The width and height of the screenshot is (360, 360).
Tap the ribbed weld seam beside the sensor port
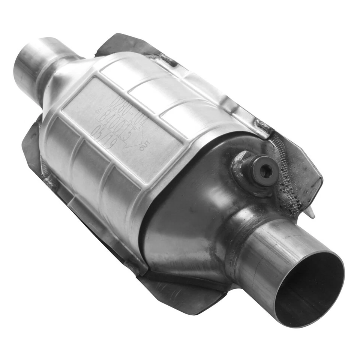(x=287, y=172)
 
